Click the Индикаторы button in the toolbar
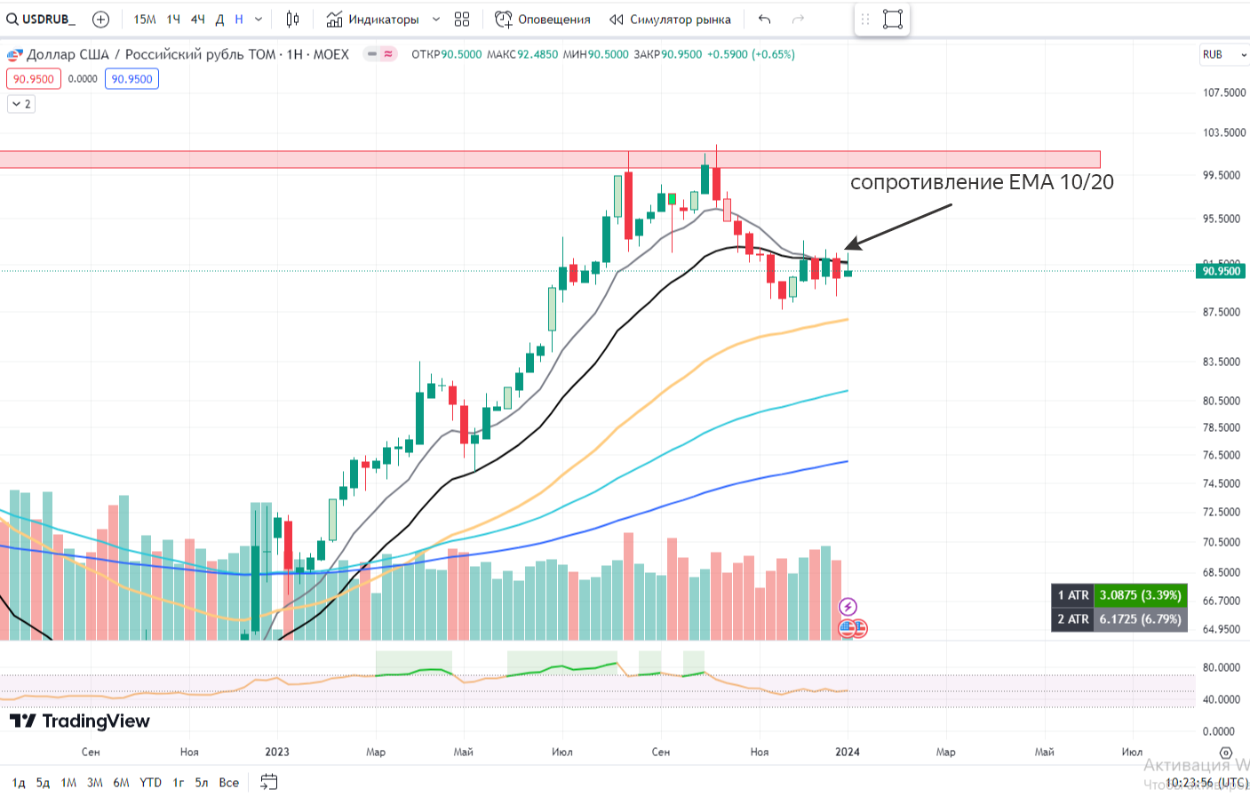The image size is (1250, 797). (x=372, y=20)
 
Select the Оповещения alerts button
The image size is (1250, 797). (x=543, y=20)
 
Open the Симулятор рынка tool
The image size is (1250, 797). (x=671, y=20)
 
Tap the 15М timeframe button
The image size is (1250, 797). (x=145, y=20)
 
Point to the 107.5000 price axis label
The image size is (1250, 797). (x=1223, y=92)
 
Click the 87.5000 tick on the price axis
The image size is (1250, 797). (x=1222, y=312)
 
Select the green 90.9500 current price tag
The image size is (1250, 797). (x=1221, y=271)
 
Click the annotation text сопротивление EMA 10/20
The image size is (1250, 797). (x=982, y=182)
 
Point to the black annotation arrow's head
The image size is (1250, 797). (x=847, y=248)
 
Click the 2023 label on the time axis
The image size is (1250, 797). (x=277, y=752)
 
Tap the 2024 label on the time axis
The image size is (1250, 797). (x=848, y=752)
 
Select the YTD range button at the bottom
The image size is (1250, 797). (x=151, y=783)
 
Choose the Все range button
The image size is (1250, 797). (x=229, y=783)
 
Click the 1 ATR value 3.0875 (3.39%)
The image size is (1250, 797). (x=1140, y=595)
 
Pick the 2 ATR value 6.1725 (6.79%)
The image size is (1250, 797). (x=1140, y=619)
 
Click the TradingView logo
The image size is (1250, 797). (x=80, y=721)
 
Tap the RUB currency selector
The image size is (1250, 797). (x=1222, y=55)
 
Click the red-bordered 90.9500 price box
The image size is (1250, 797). (x=34, y=79)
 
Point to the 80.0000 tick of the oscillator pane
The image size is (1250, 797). (x=1221, y=667)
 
